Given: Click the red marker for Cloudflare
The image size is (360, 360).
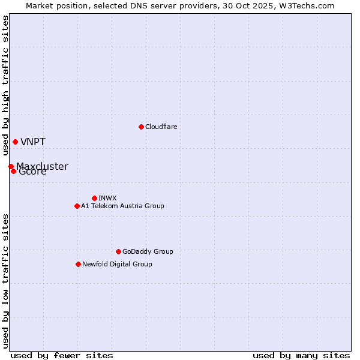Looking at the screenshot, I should (x=141, y=127).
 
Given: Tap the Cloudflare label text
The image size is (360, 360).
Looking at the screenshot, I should (x=161, y=127).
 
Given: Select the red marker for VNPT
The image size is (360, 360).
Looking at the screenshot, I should (x=15, y=142).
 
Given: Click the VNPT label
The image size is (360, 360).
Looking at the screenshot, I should (x=32, y=142).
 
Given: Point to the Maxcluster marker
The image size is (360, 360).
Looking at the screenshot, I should (x=11, y=166).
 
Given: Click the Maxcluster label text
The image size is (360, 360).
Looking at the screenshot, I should (x=42, y=166).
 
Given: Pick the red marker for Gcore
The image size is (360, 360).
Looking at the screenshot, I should (x=13, y=171).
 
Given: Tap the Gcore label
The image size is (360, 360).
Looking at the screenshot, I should (x=32, y=172).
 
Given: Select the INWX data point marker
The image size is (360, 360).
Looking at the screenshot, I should (x=94, y=198).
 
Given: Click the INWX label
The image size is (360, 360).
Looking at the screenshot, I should (x=107, y=198).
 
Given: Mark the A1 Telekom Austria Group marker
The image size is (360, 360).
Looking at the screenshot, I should (x=77, y=206).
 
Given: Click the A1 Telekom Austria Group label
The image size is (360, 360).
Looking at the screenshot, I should (x=122, y=206).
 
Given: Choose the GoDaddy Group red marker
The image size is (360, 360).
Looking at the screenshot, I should (x=118, y=251).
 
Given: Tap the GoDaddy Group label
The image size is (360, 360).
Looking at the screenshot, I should (x=147, y=251).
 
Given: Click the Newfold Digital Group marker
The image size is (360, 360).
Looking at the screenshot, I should (x=78, y=264).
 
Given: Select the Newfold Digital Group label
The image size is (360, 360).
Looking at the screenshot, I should (x=117, y=264).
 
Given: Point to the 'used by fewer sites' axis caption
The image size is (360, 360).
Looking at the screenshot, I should (x=62, y=355).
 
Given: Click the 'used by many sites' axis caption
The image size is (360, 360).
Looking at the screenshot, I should (x=301, y=355).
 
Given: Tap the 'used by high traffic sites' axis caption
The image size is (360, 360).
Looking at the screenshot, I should (x=5, y=86).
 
